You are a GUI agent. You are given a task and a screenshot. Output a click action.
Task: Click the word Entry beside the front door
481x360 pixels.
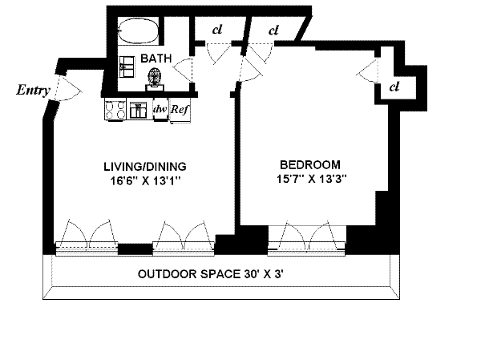(33, 91)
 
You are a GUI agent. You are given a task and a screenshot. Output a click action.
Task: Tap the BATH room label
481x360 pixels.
(156, 59)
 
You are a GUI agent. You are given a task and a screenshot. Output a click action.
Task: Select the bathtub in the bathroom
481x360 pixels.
(138, 30)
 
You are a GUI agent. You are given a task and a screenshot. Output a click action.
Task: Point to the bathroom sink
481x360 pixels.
(127, 67)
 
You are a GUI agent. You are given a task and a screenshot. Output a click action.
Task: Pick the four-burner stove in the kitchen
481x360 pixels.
(115, 110)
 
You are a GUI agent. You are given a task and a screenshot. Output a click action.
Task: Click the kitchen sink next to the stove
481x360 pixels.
(138, 110)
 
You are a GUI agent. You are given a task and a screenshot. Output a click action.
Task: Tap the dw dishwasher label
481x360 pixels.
(160, 109)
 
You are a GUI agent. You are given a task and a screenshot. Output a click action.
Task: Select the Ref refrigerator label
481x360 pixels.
(180, 109)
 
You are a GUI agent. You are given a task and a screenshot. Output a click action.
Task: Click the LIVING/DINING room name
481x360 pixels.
(145, 167)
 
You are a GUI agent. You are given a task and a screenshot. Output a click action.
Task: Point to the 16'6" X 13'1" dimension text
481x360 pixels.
(145, 181)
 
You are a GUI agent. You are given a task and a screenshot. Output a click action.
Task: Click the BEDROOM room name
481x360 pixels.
(310, 165)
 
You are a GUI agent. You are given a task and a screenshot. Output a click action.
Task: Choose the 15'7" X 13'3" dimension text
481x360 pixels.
(312, 179)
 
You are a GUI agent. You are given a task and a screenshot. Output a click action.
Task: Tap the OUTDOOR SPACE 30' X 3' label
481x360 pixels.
(210, 273)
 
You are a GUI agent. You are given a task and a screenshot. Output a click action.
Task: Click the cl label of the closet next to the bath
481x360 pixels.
(217, 30)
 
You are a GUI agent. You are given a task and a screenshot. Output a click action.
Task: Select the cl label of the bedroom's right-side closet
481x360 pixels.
(394, 87)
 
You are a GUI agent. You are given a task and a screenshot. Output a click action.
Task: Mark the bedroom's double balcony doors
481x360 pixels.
(307, 236)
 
